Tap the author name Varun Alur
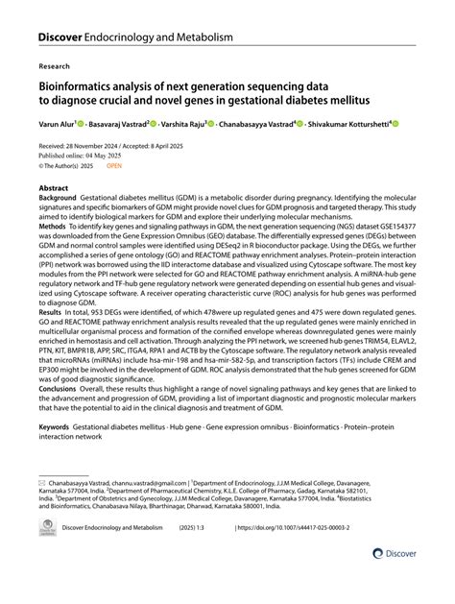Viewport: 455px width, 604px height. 57,125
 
